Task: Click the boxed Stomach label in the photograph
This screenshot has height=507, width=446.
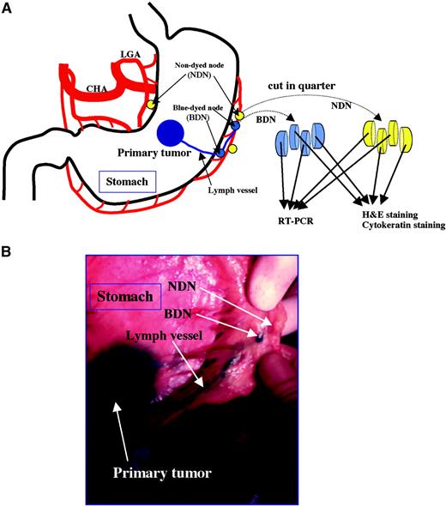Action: click(x=124, y=298)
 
